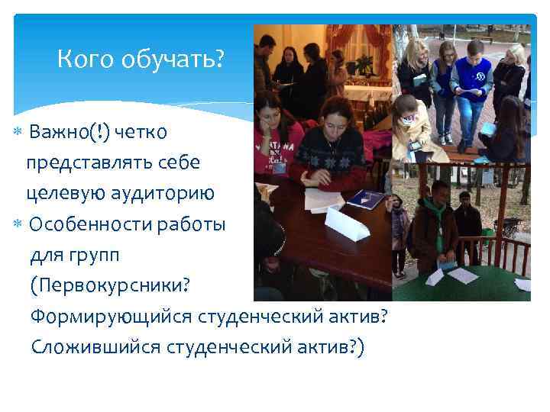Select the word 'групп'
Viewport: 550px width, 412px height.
coord(93,254)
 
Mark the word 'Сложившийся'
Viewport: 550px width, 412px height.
coord(95,346)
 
